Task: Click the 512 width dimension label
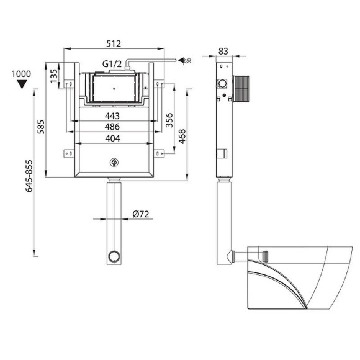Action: click(114, 43)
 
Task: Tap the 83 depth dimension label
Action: click(223, 51)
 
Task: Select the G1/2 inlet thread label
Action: click(112, 64)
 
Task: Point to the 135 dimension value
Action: click(54, 76)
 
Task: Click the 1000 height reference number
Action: click(21, 74)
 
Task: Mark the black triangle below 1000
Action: click(22, 84)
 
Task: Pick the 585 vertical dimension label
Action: click(41, 127)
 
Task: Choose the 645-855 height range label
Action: click(29, 176)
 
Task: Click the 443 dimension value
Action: click(112, 116)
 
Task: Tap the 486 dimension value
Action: click(112, 127)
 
